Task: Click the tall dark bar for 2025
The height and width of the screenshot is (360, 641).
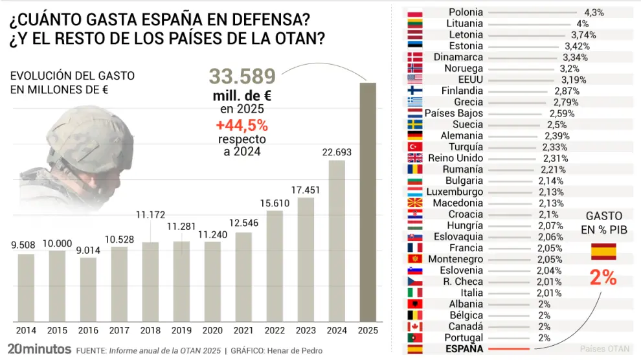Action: pyautogui.click(x=368, y=202)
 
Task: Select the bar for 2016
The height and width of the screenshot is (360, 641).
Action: pyautogui.click(x=88, y=289)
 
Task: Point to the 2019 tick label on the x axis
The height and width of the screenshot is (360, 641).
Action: pyautogui.click(x=181, y=330)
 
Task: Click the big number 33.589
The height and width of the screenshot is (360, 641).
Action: pyautogui.click(x=242, y=76)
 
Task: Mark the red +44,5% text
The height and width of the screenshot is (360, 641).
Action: pyautogui.click(x=242, y=125)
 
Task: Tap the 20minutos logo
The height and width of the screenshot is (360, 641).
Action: pyautogui.click(x=39, y=349)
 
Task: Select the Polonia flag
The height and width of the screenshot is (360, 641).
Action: pyautogui.click(x=415, y=12)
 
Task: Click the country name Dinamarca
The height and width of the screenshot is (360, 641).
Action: pyautogui.click(x=458, y=57)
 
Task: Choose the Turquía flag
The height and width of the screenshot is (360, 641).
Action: pyautogui.click(x=415, y=147)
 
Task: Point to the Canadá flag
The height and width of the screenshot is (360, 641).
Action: pyautogui.click(x=415, y=327)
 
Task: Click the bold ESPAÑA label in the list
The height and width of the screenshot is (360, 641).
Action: pyautogui.click(x=465, y=349)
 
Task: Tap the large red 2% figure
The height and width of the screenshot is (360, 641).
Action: pyautogui.click(x=603, y=278)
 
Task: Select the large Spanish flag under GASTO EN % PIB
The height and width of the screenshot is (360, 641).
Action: pyautogui.click(x=603, y=251)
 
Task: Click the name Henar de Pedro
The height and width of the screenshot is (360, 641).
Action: pyautogui.click(x=294, y=350)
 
